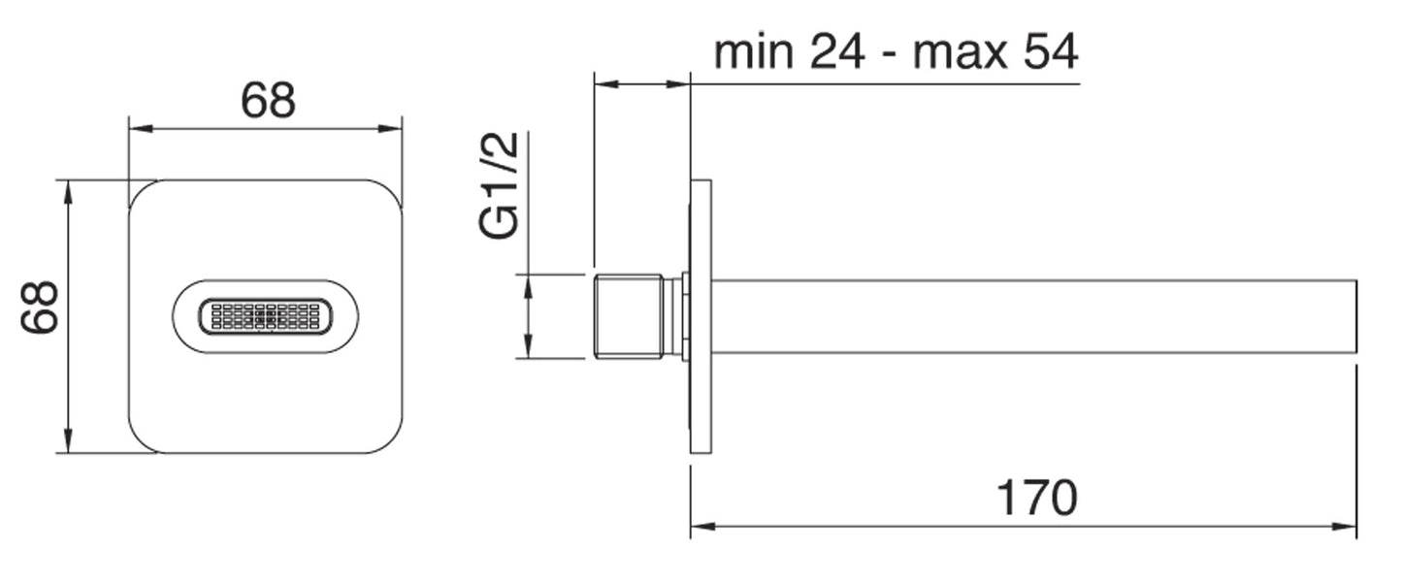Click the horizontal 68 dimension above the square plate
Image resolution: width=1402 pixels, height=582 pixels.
268,101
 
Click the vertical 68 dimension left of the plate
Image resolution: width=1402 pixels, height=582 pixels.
40,307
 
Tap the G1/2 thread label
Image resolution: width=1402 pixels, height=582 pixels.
500,185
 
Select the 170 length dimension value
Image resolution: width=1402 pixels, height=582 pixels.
1036,499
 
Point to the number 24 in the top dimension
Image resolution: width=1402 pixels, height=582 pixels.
837,51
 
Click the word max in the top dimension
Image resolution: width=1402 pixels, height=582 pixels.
961,53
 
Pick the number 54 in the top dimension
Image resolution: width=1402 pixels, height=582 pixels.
1051,51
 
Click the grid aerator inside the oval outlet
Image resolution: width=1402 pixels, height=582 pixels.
266,316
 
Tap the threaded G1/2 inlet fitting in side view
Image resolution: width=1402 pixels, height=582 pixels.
628,316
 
